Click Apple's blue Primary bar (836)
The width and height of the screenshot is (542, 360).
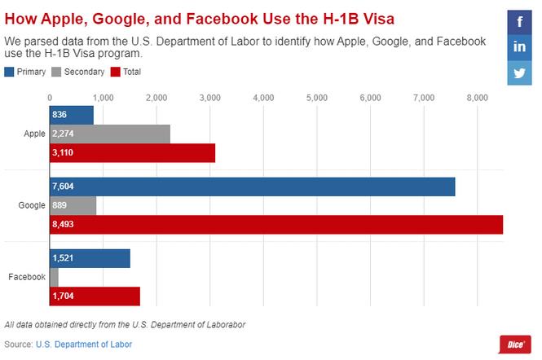click(x=72, y=116)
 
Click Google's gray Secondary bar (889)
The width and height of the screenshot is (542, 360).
click(x=73, y=206)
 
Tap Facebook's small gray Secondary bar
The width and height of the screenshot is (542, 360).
click(x=55, y=277)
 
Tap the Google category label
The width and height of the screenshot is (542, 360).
click(x=32, y=206)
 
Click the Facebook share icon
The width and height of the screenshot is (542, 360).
click(x=519, y=21)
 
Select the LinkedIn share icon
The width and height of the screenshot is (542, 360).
click(x=519, y=46)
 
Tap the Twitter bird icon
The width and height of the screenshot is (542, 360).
click(x=519, y=72)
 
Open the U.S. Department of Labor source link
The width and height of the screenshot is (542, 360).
click(x=84, y=345)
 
